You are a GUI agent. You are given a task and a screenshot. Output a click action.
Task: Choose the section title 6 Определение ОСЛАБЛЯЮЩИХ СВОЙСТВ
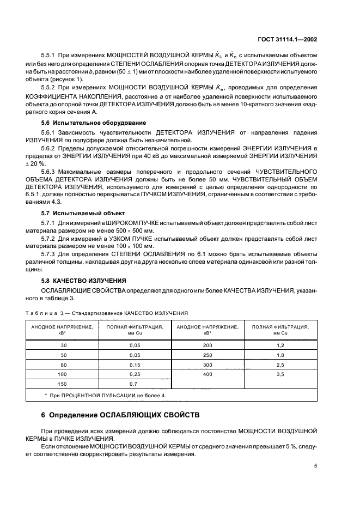(121, 415)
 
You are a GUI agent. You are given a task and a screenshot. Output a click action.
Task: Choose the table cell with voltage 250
(207, 354)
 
